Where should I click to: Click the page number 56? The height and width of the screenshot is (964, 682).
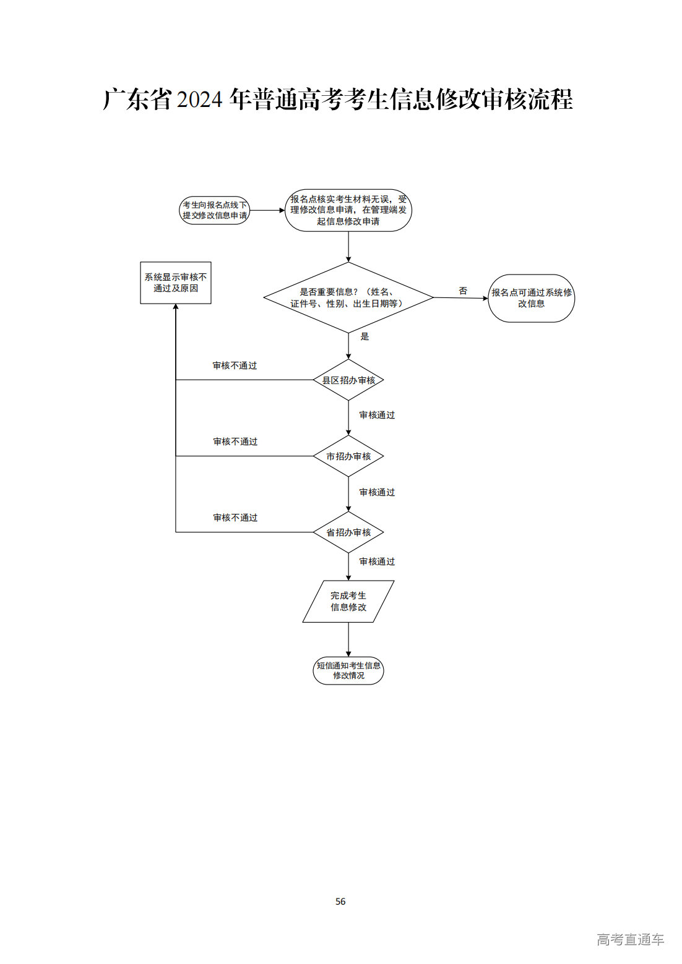[340, 901]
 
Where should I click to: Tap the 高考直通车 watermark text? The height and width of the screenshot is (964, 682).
[630, 939]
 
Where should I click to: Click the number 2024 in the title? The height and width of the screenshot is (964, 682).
[199, 100]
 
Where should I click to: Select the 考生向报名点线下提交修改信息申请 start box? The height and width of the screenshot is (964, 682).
[214, 210]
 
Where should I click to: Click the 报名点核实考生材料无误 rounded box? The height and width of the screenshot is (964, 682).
[348, 210]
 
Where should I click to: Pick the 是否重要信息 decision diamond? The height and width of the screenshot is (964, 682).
[348, 297]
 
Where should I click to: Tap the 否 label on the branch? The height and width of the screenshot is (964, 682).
[463, 291]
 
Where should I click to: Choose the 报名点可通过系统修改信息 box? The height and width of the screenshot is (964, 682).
[531, 298]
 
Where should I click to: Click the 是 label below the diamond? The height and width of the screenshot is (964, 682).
[365, 336]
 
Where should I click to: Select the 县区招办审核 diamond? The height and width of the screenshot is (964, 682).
[348, 380]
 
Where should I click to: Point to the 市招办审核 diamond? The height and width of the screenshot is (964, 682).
[348, 456]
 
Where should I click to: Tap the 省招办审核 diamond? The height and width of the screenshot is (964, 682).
[348, 532]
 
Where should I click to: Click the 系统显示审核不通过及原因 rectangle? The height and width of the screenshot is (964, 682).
[176, 283]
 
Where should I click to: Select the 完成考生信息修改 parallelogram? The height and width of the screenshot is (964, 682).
[348, 601]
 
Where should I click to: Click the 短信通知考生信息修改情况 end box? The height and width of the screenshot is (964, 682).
[348, 670]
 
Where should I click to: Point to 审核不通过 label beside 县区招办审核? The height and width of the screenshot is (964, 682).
[235, 365]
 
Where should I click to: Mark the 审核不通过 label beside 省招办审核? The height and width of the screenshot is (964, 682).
[235, 518]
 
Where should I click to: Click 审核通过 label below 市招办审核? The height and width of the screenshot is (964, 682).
[377, 492]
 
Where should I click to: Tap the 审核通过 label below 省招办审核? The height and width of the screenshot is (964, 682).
[377, 561]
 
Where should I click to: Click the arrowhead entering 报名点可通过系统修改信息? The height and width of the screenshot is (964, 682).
[485, 299]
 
